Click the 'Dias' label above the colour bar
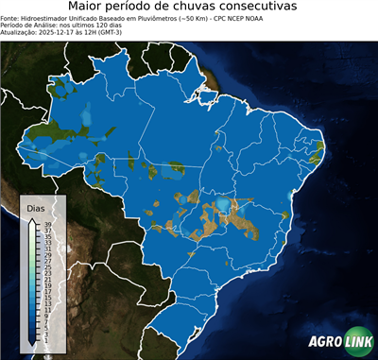point(36,207)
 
